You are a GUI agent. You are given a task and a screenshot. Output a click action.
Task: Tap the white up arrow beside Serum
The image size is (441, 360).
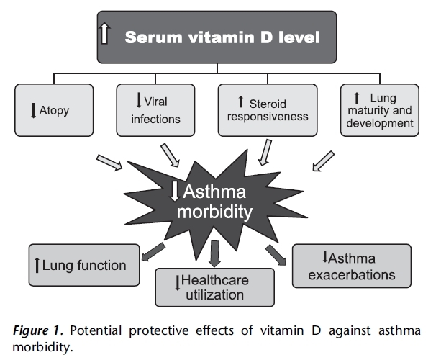click(105, 35)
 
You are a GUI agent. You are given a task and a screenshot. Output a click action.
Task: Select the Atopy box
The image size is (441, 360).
click(53, 110)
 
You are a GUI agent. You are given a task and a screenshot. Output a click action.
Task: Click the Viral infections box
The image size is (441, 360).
click(156, 110)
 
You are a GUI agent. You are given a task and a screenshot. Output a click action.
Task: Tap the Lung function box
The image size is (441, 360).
click(79, 266)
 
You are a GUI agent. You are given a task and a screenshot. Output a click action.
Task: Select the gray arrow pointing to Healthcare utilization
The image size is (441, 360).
click(214, 252)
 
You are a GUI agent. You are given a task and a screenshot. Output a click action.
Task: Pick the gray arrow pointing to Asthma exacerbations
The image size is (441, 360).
click(276, 252)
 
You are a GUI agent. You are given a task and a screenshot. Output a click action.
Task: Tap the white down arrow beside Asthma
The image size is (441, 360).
click(176, 191)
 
